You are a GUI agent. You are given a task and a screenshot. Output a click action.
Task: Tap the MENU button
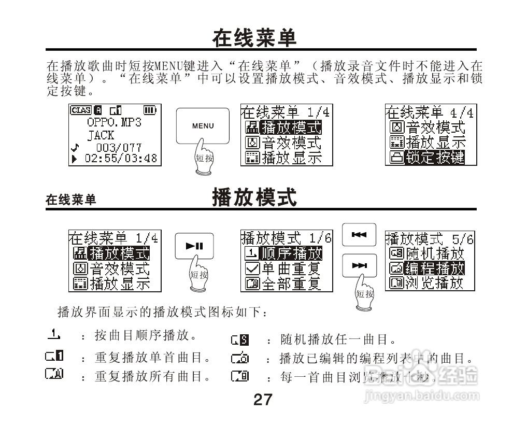click(x=202, y=125)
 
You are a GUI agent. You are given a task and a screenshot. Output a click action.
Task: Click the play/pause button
click(x=194, y=246)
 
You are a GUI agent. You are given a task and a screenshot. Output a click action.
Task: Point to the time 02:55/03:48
click(x=120, y=158)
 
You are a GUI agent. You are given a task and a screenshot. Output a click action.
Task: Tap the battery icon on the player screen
click(x=150, y=110)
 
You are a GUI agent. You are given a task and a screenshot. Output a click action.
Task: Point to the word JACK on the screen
click(x=101, y=135)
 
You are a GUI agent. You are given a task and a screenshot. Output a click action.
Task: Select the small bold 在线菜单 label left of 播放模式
click(x=71, y=200)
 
